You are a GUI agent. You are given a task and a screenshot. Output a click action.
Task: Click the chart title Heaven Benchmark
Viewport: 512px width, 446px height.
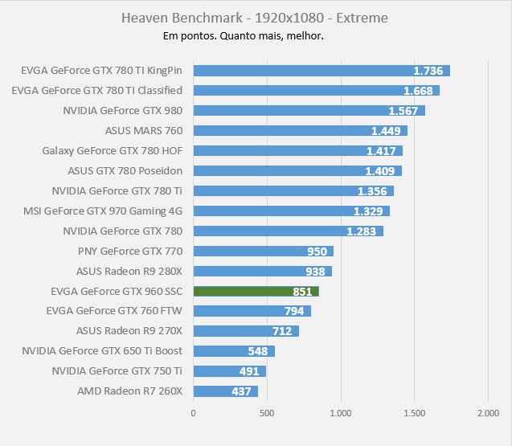(256, 17)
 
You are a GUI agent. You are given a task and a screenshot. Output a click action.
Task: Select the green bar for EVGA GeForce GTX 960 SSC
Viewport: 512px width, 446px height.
(256, 291)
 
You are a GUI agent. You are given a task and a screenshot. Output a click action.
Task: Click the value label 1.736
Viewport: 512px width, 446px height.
(427, 71)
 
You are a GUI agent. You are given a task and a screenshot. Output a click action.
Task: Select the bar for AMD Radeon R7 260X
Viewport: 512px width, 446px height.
(225, 391)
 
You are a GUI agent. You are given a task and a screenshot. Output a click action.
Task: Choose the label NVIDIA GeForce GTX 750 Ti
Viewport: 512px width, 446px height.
(117, 371)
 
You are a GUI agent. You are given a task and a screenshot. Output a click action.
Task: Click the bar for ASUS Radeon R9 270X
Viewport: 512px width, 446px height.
(245, 331)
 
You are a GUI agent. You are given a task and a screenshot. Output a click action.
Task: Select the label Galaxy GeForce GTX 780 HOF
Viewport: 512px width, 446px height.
(113, 150)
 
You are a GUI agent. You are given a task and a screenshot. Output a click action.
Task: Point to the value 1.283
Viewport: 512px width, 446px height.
(360, 231)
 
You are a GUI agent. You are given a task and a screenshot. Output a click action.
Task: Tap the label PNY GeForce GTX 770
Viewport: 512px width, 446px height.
(130, 251)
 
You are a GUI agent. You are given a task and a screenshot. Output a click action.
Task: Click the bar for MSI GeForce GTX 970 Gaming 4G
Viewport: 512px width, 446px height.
(291, 211)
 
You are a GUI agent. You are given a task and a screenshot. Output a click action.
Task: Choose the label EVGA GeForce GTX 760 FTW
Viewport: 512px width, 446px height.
(115, 311)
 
